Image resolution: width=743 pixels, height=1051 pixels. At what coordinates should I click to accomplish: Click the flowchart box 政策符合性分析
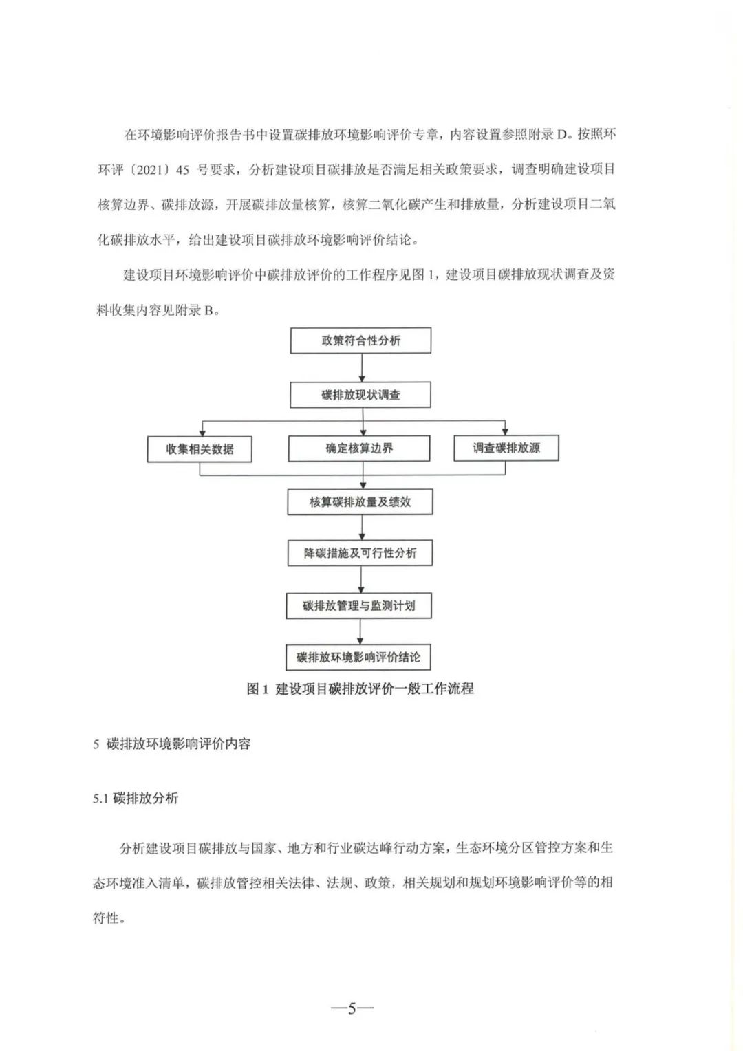360,340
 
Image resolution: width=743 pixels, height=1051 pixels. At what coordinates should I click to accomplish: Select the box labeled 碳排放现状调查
360,395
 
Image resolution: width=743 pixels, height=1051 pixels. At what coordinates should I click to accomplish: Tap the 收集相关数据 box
200,449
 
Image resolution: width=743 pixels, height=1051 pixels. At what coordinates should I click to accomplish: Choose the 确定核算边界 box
359,448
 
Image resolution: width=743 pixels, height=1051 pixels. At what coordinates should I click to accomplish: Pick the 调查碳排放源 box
506,448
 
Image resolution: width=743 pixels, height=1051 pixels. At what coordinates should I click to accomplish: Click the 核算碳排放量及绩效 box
360,501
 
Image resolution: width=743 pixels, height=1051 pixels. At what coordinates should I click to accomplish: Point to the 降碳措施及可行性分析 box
360,553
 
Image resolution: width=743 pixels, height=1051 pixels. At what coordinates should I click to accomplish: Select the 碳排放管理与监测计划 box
359,606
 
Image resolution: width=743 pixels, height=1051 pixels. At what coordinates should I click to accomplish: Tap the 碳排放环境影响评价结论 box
358,657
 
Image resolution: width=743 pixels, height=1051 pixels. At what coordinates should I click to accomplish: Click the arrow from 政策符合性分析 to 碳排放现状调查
362,368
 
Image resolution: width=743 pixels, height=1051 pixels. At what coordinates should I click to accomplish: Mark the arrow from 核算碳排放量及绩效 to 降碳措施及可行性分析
362,528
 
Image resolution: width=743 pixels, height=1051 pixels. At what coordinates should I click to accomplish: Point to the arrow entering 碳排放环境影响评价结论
360,631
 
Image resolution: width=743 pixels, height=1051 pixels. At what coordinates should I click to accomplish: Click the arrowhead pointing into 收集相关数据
202,433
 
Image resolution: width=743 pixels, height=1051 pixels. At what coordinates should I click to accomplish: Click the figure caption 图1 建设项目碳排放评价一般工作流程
360,689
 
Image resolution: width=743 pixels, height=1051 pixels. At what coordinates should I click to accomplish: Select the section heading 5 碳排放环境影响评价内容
172,744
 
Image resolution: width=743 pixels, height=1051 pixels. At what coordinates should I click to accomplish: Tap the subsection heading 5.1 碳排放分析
136,798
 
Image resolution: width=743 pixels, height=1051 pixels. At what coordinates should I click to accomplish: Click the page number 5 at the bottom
352,1007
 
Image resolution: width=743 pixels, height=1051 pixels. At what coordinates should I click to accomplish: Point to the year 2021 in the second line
151,170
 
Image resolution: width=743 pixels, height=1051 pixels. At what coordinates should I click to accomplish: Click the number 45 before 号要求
182,170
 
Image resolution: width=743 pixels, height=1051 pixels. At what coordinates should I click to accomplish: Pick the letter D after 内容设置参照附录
562,135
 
